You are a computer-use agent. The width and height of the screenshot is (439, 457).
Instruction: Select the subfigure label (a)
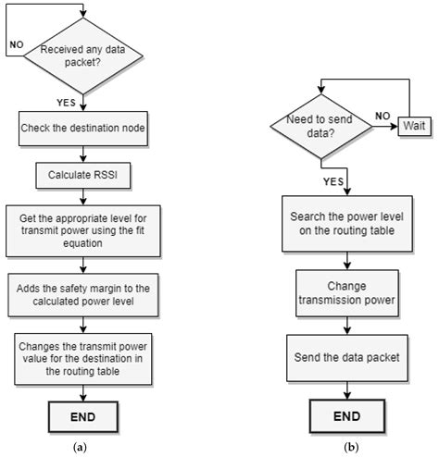(80, 446)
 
